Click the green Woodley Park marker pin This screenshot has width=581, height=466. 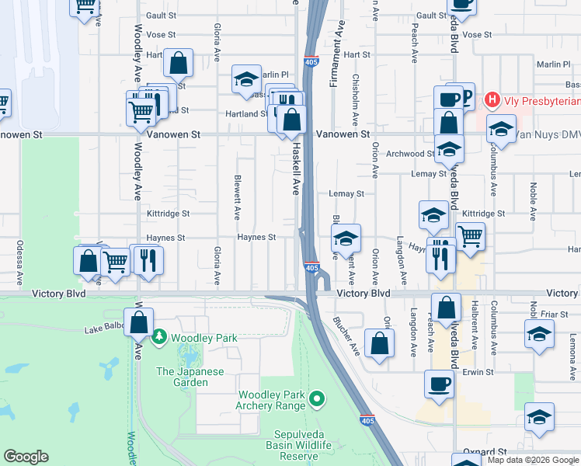pyautogui.click(x=159, y=337)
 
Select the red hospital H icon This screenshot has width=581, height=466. pyautogui.click(x=491, y=99)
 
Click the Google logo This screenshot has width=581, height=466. pyautogui.click(x=26, y=457)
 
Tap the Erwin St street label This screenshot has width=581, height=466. pyautogui.click(x=478, y=372)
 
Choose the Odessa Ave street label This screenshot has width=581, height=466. pyautogui.click(x=17, y=256)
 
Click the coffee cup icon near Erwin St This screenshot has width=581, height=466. pyautogui.click(x=440, y=384)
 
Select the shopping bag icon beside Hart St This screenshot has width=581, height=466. pyautogui.click(x=179, y=64)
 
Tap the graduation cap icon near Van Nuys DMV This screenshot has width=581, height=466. pyautogui.click(x=502, y=128)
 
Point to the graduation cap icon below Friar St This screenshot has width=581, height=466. pyautogui.click(x=539, y=335)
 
